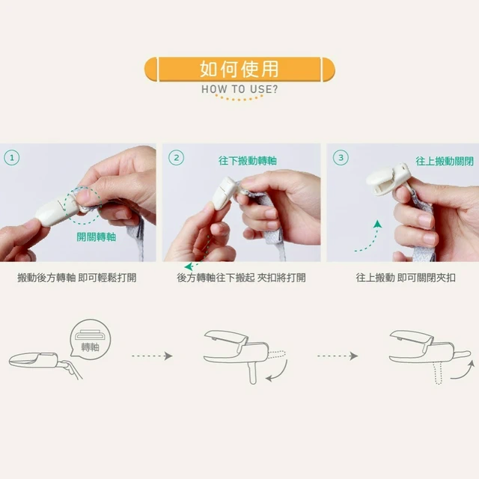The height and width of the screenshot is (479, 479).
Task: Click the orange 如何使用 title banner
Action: pos(239,69)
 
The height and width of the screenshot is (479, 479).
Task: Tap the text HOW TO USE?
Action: pos(239,90)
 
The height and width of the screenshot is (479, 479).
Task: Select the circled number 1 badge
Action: pos(12,158)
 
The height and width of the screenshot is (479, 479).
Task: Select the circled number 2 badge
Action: pos(177,158)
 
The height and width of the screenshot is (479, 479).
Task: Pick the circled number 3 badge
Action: pos(341,158)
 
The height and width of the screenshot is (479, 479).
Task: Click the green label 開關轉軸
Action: pos(97,237)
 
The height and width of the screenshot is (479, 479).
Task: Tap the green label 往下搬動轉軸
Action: pos(248,161)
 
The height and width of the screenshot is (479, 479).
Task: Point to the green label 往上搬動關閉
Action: pos(445,162)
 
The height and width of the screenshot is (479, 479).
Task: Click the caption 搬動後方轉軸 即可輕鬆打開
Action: pos(77,278)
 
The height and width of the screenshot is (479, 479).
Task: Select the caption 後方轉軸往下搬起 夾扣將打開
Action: pos(241,278)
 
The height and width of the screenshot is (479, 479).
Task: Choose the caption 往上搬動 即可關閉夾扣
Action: pos(406,278)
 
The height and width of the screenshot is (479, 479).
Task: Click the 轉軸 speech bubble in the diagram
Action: pos(91,339)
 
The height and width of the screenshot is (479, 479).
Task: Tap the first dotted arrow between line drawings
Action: pos(152,356)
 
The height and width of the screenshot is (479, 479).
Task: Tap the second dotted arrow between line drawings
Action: pos(338,356)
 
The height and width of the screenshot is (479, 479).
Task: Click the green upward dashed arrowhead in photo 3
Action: pos(377,225)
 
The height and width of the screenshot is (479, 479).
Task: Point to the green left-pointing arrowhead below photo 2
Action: pos(189,266)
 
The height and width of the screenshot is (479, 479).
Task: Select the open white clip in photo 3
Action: pos(388,180)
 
